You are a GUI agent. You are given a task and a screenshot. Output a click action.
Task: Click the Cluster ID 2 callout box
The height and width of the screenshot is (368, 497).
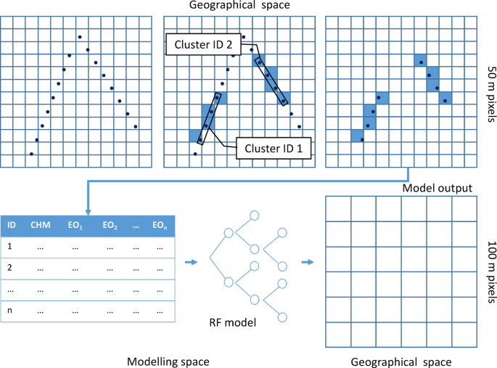tap(210, 45)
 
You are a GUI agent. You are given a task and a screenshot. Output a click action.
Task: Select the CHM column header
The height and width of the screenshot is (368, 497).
tap(40, 225)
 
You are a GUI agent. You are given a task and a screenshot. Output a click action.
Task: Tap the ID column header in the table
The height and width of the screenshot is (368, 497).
tap(12, 225)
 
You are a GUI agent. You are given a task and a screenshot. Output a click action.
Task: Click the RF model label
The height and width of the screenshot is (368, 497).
tap(239, 322)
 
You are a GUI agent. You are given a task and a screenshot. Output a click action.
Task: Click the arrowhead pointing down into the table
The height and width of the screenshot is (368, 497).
tap(88, 210)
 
